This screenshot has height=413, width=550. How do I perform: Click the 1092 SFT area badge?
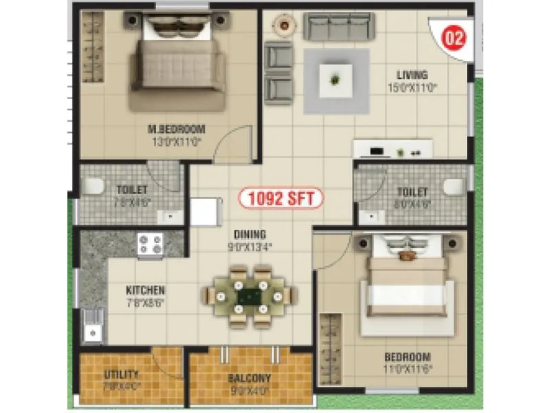(x=280, y=199)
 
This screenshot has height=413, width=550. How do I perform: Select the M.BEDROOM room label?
(x=177, y=129)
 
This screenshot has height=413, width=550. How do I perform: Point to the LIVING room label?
(x=412, y=75)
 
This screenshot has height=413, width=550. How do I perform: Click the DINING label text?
(x=249, y=234)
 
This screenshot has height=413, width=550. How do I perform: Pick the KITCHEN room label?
(x=145, y=290)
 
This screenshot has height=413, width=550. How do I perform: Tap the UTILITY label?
(x=122, y=375)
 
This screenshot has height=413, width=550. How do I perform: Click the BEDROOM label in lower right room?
(x=408, y=357)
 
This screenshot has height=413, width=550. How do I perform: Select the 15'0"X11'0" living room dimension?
(x=412, y=87)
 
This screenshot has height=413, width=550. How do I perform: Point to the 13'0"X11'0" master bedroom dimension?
(x=177, y=141)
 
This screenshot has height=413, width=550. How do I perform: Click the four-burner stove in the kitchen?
(x=151, y=244)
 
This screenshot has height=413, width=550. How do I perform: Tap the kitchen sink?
(x=91, y=326)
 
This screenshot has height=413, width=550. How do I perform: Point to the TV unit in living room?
(x=393, y=149)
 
